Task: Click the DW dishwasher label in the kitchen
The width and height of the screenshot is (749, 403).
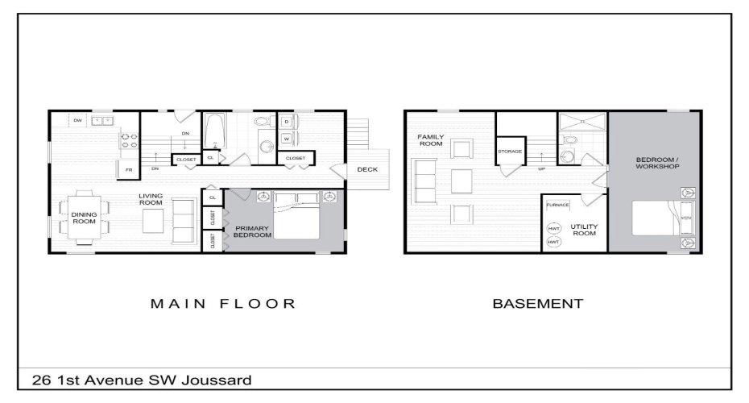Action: (x=78, y=120)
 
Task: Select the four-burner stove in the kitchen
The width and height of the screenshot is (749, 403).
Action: (x=129, y=142)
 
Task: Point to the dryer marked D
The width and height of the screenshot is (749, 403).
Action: (x=287, y=121)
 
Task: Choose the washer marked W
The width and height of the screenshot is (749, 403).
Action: (x=287, y=139)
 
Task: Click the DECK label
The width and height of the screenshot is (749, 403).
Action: (x=367, y=169)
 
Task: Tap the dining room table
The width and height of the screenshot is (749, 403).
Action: (x=85, y=216)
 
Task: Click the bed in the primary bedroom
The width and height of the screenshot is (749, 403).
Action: (x=296, y=215)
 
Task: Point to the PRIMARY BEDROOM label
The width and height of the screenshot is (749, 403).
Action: (x=252, y=232)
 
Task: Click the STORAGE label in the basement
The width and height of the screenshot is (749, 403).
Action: (x=510, y=152)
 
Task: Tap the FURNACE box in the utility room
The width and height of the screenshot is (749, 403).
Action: (x=557, y=205)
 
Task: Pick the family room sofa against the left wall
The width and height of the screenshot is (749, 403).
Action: (x=423, y=181)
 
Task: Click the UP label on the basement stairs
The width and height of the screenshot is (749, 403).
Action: (x=540, y=169)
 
